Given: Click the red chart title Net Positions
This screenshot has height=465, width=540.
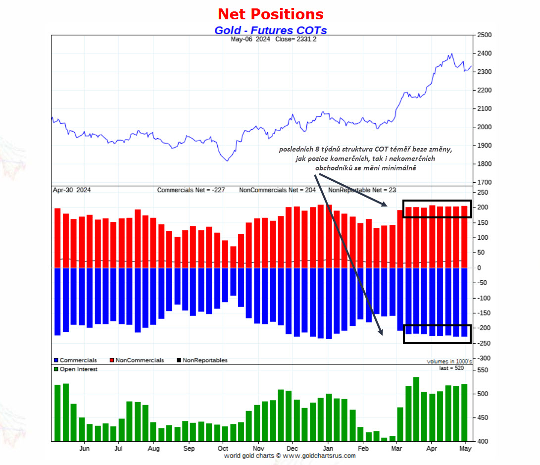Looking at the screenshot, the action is click(271, 14).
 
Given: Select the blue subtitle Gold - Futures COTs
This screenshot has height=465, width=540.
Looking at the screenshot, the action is click(271, 30).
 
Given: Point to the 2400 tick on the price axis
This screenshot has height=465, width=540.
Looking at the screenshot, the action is click(484, 53).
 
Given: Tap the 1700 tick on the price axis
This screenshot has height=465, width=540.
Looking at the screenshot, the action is click(484, 182).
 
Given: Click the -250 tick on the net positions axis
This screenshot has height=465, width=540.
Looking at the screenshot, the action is click(483, 343).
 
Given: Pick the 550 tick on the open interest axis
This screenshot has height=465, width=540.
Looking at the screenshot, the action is click(483, 370).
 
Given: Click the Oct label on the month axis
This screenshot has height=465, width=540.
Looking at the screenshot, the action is click(223, 449).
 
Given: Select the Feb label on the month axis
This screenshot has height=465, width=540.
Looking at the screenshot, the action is click(363, 449).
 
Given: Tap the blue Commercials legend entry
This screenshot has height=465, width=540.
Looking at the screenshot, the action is click(75, 361).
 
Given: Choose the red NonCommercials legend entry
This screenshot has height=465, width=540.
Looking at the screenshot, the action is click(137, 361).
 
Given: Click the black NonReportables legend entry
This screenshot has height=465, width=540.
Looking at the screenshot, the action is click(202, 361).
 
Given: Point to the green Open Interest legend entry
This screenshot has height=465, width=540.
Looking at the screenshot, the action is click(76, 369).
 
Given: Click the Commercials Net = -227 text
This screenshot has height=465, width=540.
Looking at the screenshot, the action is click(191, 190).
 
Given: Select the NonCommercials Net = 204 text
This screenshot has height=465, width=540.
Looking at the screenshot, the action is click(277, 190).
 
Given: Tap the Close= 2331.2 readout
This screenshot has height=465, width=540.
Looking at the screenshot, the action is click(296, 39).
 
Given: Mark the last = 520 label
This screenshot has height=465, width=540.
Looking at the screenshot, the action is click(451, 368).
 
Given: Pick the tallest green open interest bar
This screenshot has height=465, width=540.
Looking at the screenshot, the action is click(416, 409).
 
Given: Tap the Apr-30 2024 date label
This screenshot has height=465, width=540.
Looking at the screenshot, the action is click(72, 190).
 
